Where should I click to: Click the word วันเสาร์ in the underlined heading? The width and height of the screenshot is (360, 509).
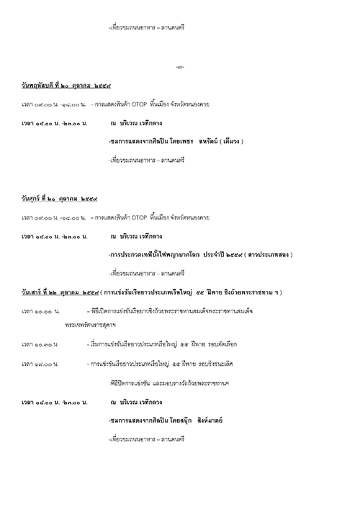34,292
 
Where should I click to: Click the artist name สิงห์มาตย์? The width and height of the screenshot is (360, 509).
202,420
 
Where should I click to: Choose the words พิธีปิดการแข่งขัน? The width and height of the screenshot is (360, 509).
129,382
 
